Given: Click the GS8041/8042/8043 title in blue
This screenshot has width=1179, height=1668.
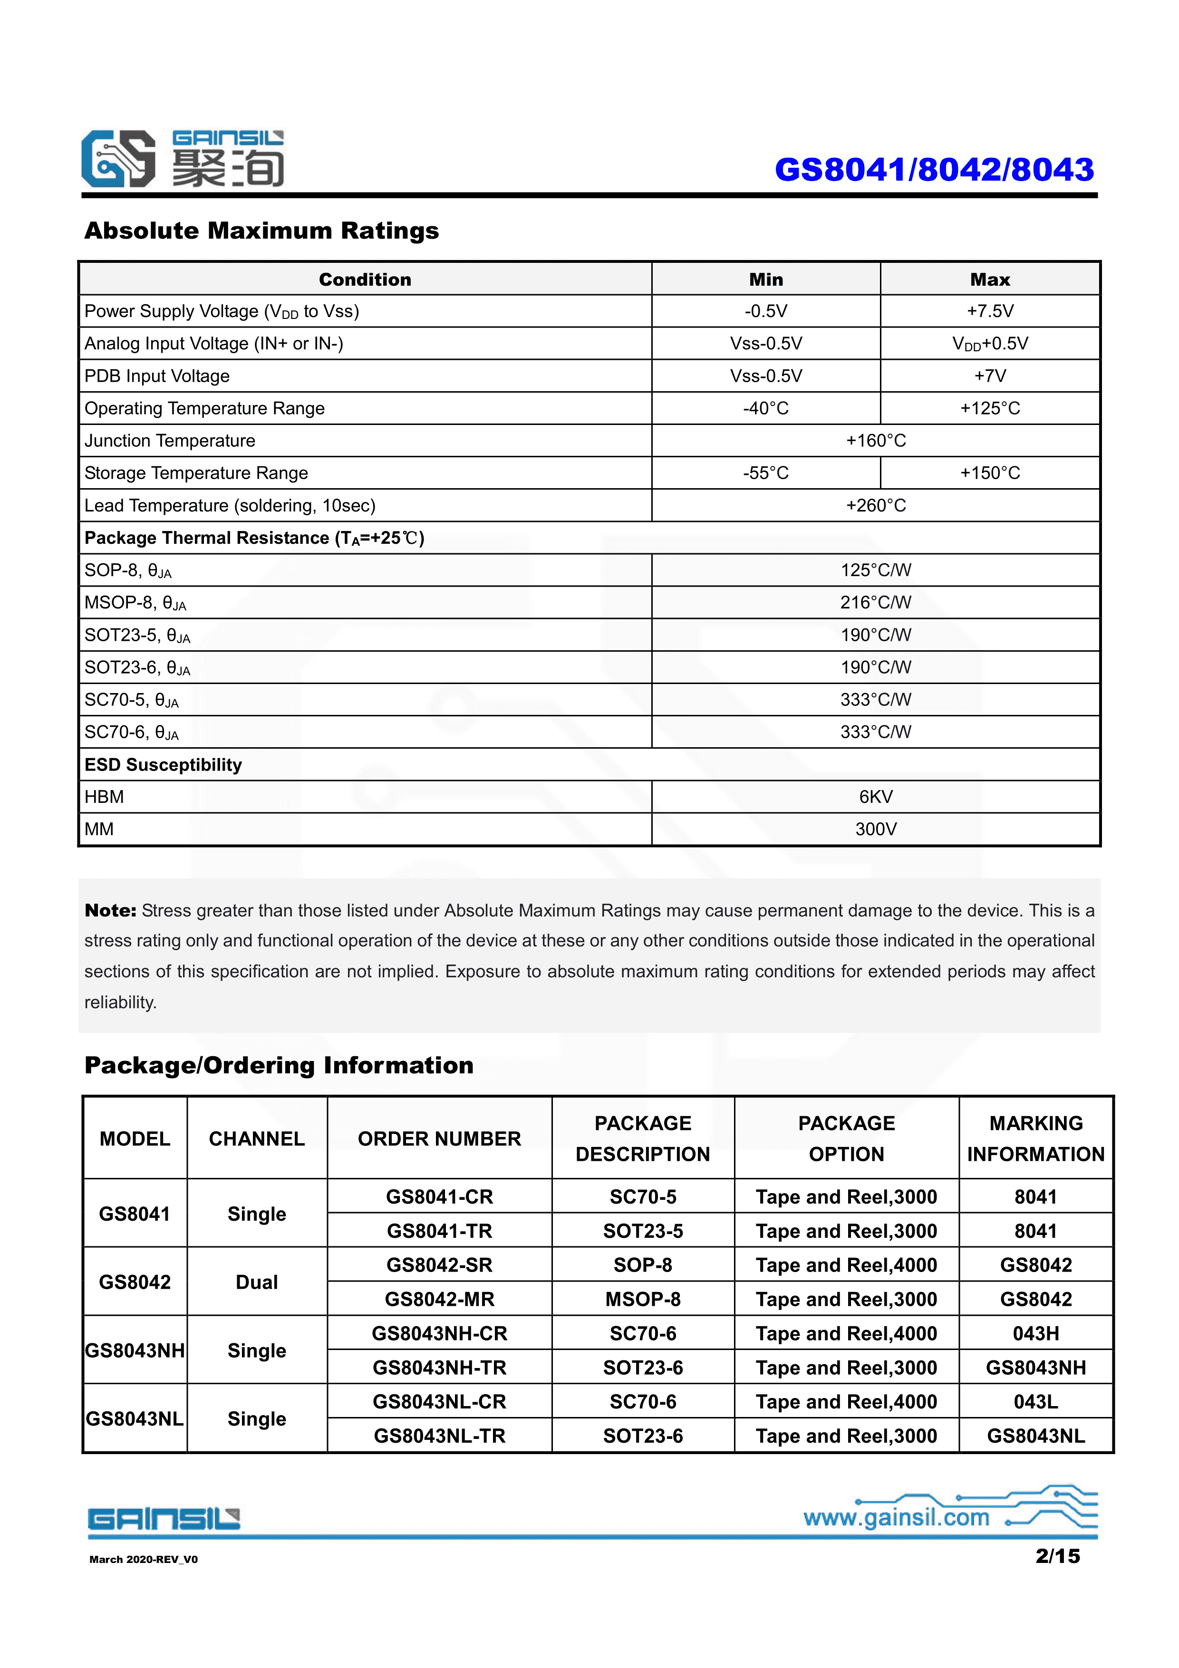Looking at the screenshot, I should pos(934,170).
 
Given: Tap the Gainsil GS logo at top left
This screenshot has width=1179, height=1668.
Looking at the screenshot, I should pos(118,159).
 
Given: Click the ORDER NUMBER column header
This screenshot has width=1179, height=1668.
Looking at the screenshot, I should pos(439,1138).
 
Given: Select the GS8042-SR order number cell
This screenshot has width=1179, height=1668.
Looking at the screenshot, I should pos(439,1265).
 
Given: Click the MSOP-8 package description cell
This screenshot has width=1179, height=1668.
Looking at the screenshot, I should pos(642,1299).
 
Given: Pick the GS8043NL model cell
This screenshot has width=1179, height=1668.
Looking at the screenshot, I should pos(135,1419).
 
